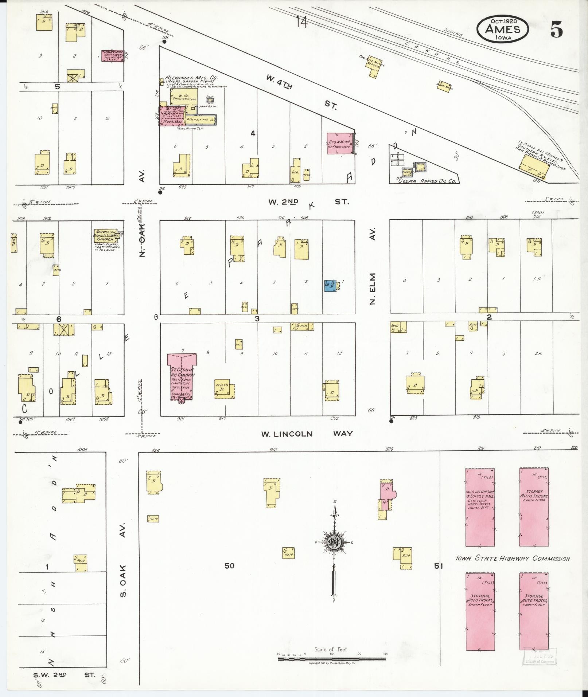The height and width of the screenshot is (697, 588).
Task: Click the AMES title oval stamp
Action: point(502,29)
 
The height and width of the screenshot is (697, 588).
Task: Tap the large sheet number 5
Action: point(556,30)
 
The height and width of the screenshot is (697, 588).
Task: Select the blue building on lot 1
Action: point(330,286)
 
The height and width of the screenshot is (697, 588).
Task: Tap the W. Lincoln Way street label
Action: point(307,434)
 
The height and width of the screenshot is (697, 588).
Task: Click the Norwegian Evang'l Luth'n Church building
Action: point(106,236)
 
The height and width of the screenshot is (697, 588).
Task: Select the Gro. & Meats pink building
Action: point(340,143)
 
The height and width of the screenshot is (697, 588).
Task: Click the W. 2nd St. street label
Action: point(308,202)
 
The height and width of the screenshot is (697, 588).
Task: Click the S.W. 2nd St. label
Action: point(64,675)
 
